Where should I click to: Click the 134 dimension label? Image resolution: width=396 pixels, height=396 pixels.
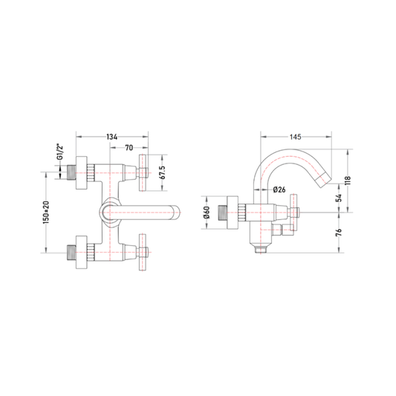pyautogui.click(x=112, y=137)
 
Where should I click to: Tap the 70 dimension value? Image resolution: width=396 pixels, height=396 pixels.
pyautogui.click(x=129, y=148)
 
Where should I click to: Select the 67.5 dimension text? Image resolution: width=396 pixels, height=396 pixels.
pyautogui.click(x=163, y=172)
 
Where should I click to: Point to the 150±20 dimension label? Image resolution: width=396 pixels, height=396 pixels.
pyautogui.click(x=46, y=212)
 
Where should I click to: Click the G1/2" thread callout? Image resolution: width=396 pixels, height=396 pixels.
pyautogui.click(x=60, y=152)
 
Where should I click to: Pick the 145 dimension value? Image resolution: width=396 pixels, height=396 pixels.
pyautogui.click(x=295, y=137)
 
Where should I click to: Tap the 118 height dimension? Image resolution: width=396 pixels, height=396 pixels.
pyautogui.click(x=348, y=181)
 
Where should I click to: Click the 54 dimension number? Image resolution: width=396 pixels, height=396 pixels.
pyautogui.click(x=340, y=198)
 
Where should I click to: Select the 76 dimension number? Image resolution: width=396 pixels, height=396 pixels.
pyautogui.click(x=340, y=232)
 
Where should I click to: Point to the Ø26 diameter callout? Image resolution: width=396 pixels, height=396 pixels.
pyautogui.click(x=279, y=189)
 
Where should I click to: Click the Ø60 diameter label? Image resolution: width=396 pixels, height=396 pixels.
pyautogui.click(x=207, y=212)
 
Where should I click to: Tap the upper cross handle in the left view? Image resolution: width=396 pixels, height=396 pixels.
pyautogui.click(x=143, y=173)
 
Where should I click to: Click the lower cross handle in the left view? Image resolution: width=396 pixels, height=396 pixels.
pyautogui.click(x=143, y=253)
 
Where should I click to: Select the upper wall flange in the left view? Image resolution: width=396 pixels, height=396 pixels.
pyautogui.click(x=82, y=173)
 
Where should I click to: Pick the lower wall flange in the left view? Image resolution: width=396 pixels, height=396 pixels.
pyautogui.click(x=82, y=253)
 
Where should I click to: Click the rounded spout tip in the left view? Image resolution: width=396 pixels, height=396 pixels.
pyautogui.click(x=176, y=212)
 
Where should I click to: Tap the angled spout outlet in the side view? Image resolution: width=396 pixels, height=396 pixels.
pyautogui.click(x=324, y=180)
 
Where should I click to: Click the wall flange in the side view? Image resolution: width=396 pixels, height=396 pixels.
pyautogui.click(x=233, y=212)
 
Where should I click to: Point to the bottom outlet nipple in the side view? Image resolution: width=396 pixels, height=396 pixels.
pyautogui.click(x=261, y=250)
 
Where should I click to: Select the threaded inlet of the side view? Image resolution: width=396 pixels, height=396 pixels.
pyautogui.click(x=222, y=212)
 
